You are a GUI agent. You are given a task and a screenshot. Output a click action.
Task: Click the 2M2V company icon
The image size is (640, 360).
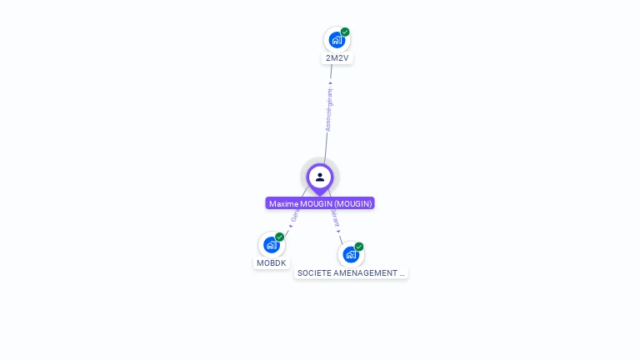click(x=336, y=39)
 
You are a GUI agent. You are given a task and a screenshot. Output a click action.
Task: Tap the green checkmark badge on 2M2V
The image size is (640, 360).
click(x=345, y=32)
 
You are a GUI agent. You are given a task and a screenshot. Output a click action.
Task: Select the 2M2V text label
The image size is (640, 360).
click(x=337, y=58)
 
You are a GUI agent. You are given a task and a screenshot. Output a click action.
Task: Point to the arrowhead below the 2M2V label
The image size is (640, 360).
click(x=331, y=82)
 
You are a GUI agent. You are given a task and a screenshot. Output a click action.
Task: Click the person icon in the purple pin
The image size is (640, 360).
click(x=320, y=177)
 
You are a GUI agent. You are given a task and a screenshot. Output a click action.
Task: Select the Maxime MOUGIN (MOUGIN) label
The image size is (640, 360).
click(x=320, y=203)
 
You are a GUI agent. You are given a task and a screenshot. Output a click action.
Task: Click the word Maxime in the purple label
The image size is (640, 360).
click(x=283, y=203)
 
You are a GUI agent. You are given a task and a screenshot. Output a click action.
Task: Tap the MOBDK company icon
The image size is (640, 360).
click(x=271, y=245)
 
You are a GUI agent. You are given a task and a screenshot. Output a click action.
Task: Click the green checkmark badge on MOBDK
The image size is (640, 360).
click(x=280, y=237)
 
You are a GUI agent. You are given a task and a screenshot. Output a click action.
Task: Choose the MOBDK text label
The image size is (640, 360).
click(x=272, y=263)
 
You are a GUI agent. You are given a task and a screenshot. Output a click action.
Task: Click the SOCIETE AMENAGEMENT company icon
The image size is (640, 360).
click(x=350, y=254)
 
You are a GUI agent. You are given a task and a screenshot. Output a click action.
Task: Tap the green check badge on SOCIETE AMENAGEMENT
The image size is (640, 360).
click(x=359, y=247)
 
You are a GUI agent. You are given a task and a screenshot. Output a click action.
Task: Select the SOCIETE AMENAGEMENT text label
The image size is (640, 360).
click(x=351, y=273)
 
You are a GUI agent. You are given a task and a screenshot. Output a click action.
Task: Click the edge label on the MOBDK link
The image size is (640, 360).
click(x=295, y=215)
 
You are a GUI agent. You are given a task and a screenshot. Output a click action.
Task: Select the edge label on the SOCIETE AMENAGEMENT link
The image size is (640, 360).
click(x=335, y=217)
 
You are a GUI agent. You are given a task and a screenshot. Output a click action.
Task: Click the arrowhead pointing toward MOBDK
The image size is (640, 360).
click(x=291, y=226)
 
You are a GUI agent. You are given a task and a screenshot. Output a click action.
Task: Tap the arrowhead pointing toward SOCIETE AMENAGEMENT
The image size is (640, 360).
click(x=338, y=231)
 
